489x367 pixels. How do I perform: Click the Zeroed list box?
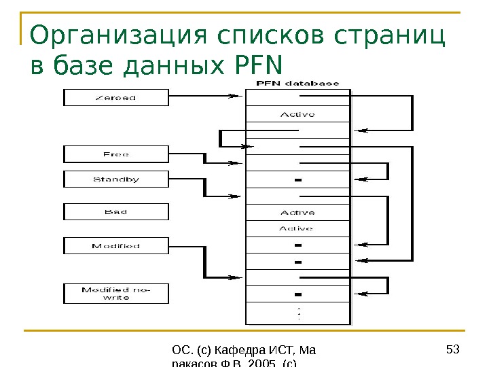115,97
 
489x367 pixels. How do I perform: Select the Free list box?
115,154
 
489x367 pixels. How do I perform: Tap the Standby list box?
115,179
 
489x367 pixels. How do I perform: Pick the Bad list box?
115,212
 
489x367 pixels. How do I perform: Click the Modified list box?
115,245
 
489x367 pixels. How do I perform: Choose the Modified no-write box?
115,294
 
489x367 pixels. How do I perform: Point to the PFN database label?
297,84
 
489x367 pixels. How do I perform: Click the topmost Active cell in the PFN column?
297,114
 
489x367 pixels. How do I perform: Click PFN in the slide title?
255,67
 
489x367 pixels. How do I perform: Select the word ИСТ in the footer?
279,351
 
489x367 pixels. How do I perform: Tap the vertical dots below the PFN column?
298,314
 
